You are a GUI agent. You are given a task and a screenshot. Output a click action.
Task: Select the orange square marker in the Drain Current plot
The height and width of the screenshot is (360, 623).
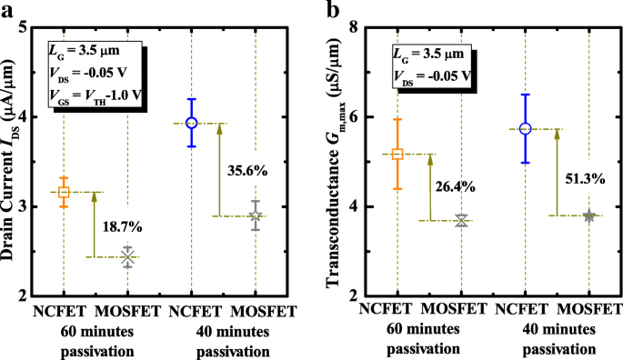[64, 192]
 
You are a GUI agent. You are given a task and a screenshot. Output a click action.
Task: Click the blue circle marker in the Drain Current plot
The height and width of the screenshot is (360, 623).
[191, 123]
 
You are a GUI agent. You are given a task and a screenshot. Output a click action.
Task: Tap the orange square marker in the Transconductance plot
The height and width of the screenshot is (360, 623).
[397, 154]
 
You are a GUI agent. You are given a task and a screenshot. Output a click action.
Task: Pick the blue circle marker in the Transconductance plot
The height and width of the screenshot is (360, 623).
[525, 129]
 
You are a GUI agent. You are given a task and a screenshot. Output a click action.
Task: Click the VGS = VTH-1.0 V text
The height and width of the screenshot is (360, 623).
[93, 93]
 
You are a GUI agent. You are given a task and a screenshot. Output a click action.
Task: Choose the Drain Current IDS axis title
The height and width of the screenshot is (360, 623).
[13, 162]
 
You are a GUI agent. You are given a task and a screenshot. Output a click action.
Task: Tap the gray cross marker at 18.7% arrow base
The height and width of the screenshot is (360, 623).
[127, 257]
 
